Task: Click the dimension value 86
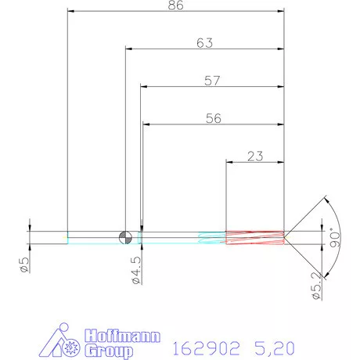pyautogui.click(x=177, y=5)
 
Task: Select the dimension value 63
pyautogui.click(x=205, y=43)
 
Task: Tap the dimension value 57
pyautogui.click(x=211, y=80)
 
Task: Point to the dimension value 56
pyautogui.click(x=213, y=118)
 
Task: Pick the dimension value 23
pyautogui.click(x=254, y=156)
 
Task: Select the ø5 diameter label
pyautogui.click(x=24, y=265)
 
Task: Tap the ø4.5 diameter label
pyautogui.click(x=135, y=268)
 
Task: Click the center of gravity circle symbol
pyautogui.click(x=125, y=237)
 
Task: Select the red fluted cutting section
pyautogui.click(x=254, y=237)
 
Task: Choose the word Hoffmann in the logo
pyautogui.click(x=121, y=337)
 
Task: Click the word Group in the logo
pyautogui.click(x=106, y=351)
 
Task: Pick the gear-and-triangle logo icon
pyautogui.click(x=65, y=341)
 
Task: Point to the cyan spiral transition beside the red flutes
pyautogui.click(x=211, y=237)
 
